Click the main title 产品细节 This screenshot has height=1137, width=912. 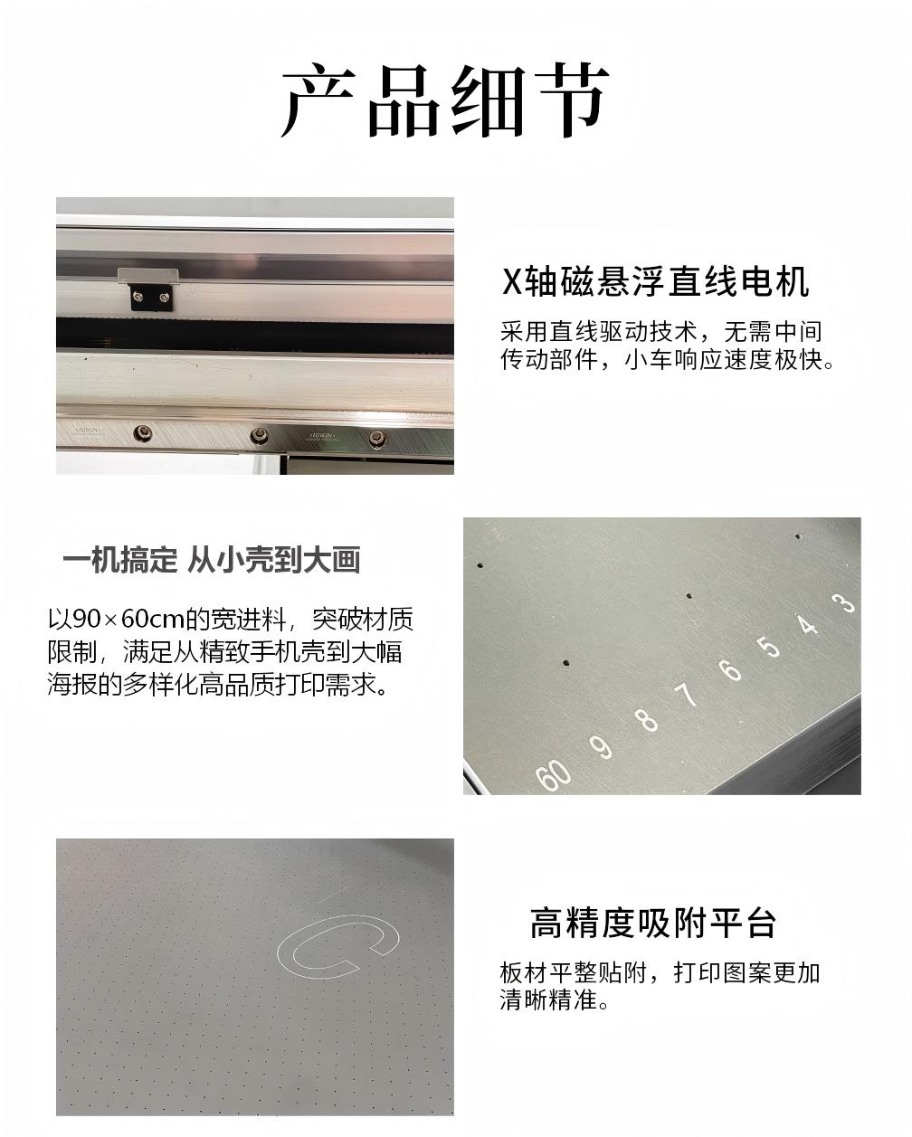click(x=445, y=100)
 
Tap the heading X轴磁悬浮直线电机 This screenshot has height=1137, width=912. click(x=655, y=281)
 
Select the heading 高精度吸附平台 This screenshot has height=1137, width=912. click(x=652, y=923)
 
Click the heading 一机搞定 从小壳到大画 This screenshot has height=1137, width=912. click(x=212, y=560)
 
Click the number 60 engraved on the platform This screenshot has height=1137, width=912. click(x=553, y=775)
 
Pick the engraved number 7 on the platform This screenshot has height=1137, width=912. click(x=687, y=695)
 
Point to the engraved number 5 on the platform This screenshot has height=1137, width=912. click(x=769, y=646)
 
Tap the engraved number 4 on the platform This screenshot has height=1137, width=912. click(x=807, y=624)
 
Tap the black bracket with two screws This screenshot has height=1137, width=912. click(x=152, y=297)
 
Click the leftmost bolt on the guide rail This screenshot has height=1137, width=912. click(x=142, y=433)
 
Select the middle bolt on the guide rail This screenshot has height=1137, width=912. click(x=259, y=436)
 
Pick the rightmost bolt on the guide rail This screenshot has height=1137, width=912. click(x=376, y=438)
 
